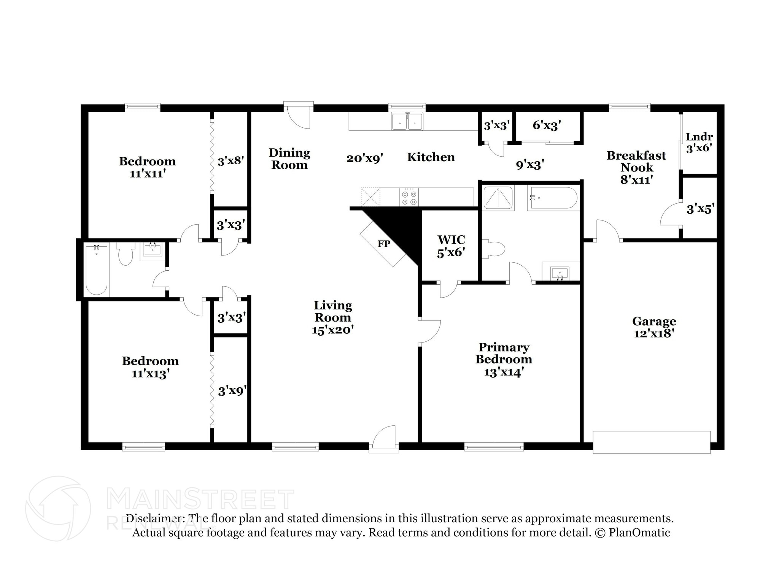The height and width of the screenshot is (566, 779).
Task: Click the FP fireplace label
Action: (x=383, y=244)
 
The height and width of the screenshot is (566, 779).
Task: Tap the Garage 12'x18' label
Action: (x=654, y=327)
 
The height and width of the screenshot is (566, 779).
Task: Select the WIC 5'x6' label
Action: (x=451, y=246)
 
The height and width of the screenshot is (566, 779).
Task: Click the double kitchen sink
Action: (x=407, y=122)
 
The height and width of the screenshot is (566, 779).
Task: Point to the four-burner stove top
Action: (x=409, y=198)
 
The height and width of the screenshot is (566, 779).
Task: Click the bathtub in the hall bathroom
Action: (x=96, y=270)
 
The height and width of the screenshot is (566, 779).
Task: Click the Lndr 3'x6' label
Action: (x=699, y=142)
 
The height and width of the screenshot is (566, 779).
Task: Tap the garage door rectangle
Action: (x=651, y=442)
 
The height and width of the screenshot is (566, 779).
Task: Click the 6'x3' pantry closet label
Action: (x=547, y=125)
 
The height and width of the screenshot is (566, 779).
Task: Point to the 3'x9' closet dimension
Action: (x=232, y=391)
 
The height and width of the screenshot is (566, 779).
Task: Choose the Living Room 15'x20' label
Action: (x=332, y=317)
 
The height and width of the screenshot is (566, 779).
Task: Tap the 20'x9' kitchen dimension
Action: (x=364, y=158)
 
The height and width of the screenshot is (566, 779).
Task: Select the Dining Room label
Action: (x=289, y=159)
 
